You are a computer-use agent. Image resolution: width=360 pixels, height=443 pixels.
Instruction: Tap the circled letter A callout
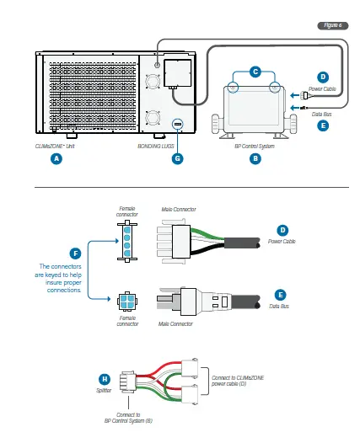point(56,157)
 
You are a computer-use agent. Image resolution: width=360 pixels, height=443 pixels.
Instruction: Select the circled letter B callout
point(255,157)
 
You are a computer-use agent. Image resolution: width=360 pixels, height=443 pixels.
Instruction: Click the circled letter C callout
point(255,72)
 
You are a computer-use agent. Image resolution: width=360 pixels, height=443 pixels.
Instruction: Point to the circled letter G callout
point(178,157)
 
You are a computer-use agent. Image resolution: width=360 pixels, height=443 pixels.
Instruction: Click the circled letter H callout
point(104,378)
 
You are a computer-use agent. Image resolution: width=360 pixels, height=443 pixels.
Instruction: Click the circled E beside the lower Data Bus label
point(282,296)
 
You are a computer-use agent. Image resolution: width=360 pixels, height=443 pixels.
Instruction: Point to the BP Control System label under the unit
point(255,146)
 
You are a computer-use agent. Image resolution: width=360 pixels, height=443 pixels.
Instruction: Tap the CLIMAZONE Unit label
point(56,146)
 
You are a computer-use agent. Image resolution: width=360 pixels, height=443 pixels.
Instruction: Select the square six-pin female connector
point(126,302)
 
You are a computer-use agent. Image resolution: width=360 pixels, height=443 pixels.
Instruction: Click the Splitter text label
point(104,391)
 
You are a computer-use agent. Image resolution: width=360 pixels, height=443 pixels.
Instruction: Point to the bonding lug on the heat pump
point(178,125)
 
